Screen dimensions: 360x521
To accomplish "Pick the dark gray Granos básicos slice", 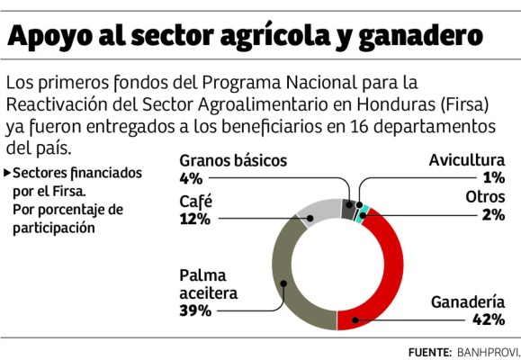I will click(x=347, y=209).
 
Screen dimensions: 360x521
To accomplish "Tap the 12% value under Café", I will click(x=194, y=217).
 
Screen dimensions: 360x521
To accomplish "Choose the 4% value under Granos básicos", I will click(x=190, y=178).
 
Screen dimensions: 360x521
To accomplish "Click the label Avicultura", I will click(x=467, y=161).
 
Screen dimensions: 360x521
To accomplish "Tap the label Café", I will click(x=195, y=200).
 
